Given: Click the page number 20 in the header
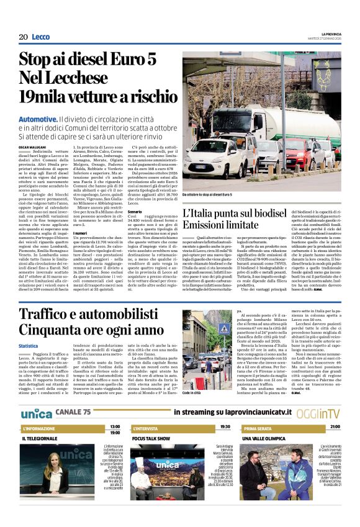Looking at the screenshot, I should [x=24, y=37].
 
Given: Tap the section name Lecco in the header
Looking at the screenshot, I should [x=40, y=37].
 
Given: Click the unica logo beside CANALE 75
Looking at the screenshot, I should [x=37, y=413].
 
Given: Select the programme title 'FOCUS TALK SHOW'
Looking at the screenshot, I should [x=152, y=438].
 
